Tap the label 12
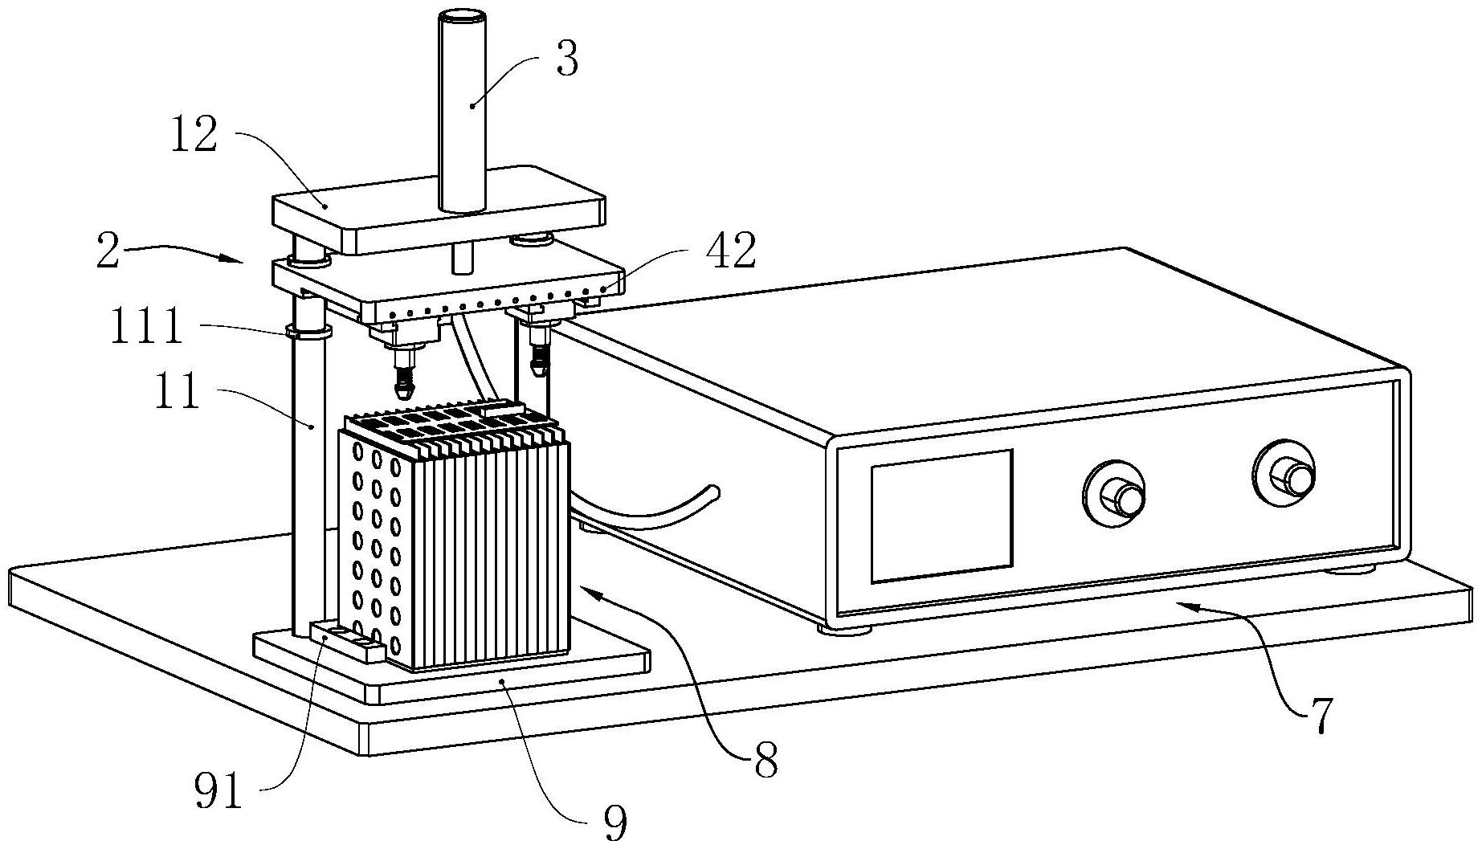(193, 134)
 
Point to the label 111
(146, 327)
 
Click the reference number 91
(218, 791)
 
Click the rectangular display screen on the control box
(941, 516)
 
